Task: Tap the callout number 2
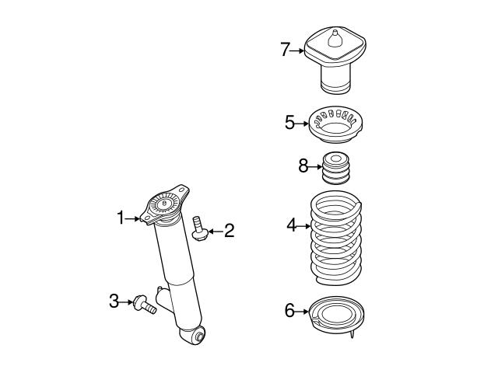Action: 228,230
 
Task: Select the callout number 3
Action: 114,300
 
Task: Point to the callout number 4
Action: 291,226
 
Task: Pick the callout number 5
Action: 289,123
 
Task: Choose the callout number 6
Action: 289,312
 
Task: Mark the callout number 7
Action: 285,51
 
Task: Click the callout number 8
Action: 303,166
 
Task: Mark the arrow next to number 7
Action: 297,51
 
